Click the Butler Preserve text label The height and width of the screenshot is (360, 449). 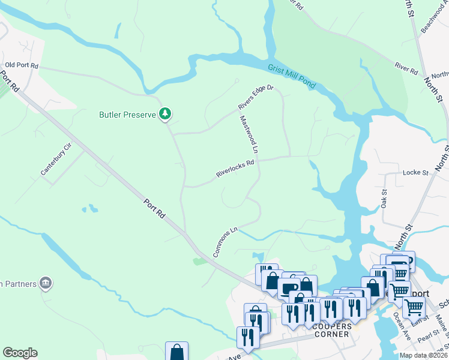click(x=128, y=114)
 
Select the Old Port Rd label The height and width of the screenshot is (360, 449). click(x=22, y=65)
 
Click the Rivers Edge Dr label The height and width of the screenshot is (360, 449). click(x=255, y=97)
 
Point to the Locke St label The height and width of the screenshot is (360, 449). click(x=416, y=172)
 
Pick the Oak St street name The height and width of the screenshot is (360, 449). click(x=384, y=199)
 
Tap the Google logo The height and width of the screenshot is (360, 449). click(x=20, y=353)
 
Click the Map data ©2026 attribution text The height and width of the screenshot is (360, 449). click(x=424, y=355)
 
